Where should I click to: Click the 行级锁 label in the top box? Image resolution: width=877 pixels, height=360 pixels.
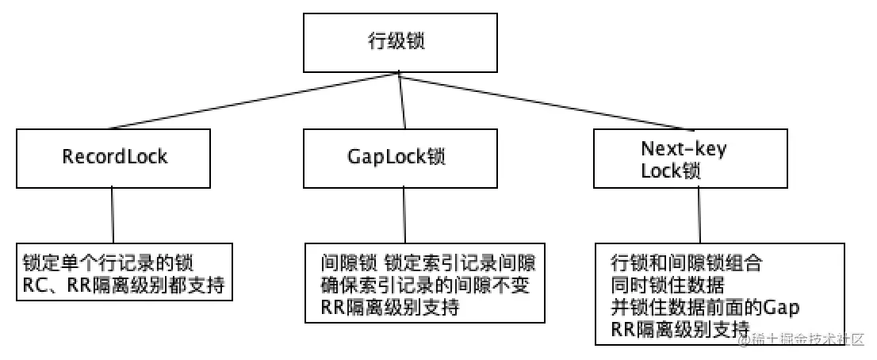tap(403, 42)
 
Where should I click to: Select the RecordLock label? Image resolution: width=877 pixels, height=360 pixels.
tap(115, 156)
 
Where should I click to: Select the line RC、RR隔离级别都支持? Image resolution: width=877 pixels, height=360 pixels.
tap(123, 285)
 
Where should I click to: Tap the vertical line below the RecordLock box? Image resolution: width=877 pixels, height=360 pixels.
tap(112, 215)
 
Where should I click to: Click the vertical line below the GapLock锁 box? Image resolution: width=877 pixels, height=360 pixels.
tap(405, 215)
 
